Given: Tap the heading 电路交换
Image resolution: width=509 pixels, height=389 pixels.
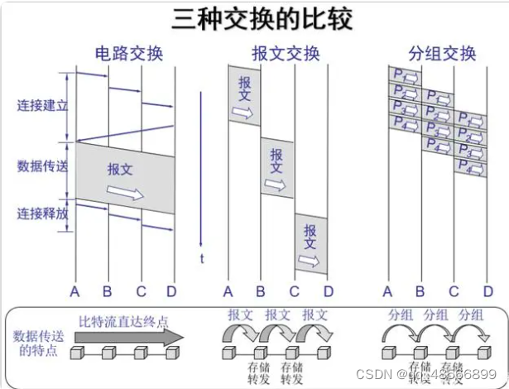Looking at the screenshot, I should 129,55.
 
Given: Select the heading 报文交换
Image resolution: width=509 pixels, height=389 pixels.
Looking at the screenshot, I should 286,55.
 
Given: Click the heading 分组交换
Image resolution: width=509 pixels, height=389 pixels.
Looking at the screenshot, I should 443,55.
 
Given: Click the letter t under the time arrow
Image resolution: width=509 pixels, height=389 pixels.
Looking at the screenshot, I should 201,258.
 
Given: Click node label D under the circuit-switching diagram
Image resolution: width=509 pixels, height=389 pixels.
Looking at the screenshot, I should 171,291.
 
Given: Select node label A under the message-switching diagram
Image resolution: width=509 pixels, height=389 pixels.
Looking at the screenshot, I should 228,291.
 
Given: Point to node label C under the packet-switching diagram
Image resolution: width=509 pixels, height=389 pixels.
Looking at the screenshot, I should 454,291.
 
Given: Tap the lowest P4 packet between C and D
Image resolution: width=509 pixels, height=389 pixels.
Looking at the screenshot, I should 470,167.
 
